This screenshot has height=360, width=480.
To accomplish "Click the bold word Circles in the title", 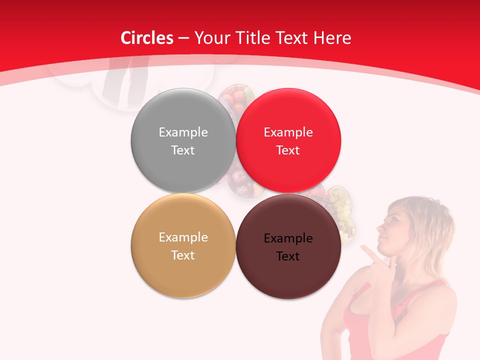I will tap(146, 38).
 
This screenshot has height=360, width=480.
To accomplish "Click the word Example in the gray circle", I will tap(183, 132).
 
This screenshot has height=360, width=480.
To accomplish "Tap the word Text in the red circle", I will tap(288, 150).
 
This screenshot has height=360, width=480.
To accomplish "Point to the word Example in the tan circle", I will tap(183, 237).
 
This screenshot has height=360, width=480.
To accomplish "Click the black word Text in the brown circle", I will tap(288, 256).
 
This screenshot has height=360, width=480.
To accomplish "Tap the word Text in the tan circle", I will tap(183, 255).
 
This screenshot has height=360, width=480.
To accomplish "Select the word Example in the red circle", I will tap(288, 132).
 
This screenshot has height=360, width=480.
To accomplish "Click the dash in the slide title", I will tap(183, 38).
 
